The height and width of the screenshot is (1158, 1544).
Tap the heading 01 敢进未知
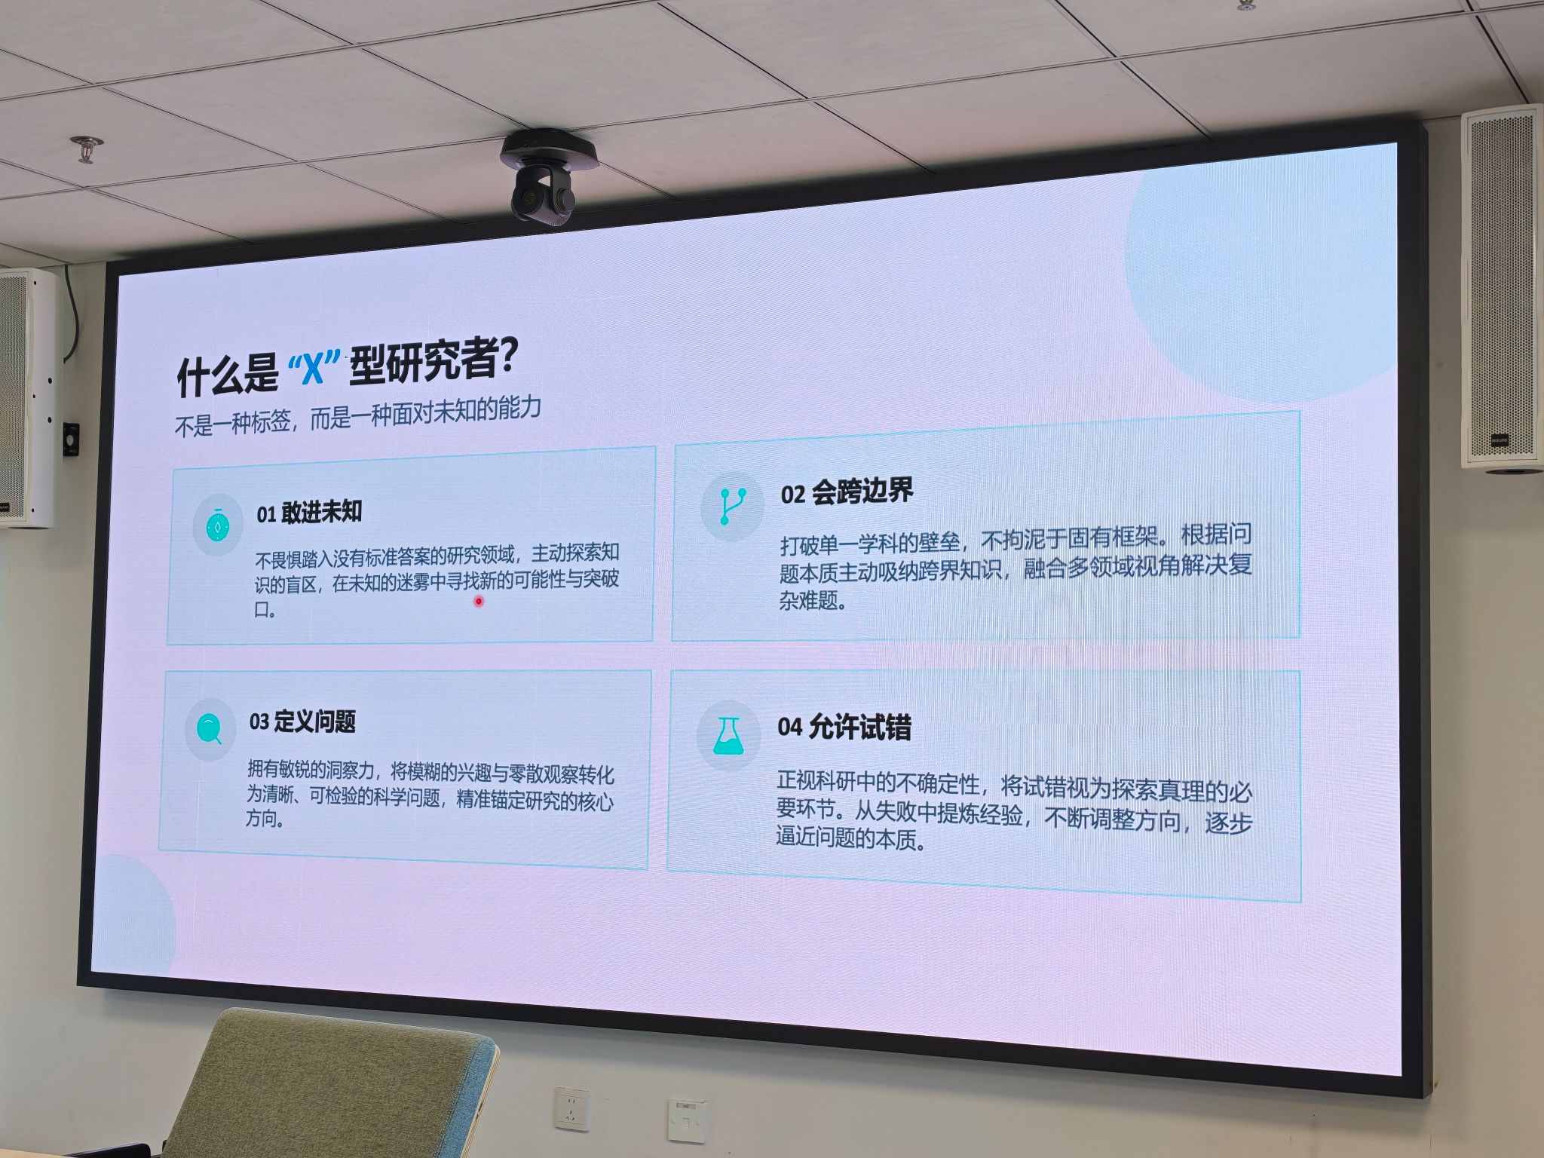tap(309, 513)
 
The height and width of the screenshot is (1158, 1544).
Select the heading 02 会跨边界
tap(847, 492)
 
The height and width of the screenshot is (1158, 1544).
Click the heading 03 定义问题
tap(302, 721)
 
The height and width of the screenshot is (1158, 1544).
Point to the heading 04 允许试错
tap(844, 728)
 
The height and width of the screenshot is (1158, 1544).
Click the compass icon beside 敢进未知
tap(218, 525)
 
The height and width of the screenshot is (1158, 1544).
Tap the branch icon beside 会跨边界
tap(732, 506)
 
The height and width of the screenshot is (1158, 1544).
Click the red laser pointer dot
tap(478, 601)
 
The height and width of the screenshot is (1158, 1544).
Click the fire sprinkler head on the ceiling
tap(87, 149)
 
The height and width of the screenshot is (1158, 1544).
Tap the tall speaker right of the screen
tap(1501, 290)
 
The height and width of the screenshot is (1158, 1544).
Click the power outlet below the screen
tap(572, 1108)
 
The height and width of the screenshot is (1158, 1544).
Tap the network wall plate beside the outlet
tap(686, 1121)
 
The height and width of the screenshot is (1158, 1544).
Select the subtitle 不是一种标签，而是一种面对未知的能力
tap(358, 415)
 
